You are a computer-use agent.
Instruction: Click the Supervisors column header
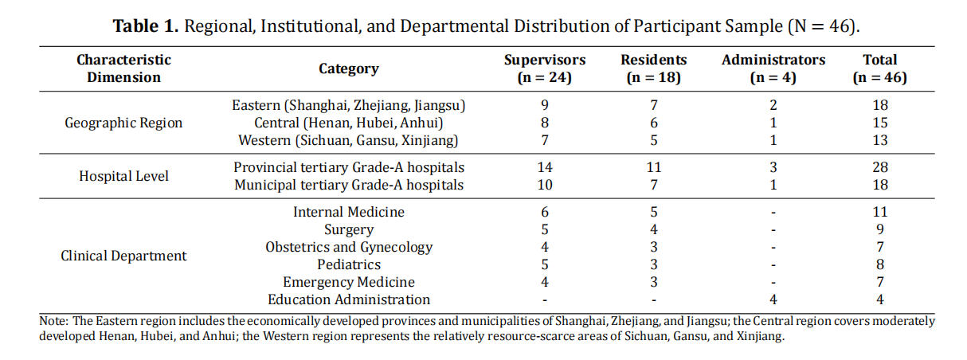(x=544, y=68)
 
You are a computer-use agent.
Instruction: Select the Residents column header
(x=654, y=68)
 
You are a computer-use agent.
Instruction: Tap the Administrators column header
(x=773, y=68)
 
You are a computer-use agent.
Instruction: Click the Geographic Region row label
(x=123, y=123)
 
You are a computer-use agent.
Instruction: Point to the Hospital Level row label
(x=123, y=176)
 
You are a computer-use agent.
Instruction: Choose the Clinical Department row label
(x=123, y=256)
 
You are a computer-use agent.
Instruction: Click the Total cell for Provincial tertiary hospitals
(x=880, y=167)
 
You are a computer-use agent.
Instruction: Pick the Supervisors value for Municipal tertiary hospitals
(x=544, y=185)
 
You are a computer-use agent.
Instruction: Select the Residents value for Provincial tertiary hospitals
(x=654, y=167)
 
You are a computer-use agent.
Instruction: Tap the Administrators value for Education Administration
(x=773, y=299)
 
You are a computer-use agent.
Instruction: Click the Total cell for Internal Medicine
(x=880, y=212)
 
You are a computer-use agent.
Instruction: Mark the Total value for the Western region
(x=880, y=140)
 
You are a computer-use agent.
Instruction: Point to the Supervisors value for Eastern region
(x=544, y=105)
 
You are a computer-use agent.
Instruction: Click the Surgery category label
(x=349, y=229)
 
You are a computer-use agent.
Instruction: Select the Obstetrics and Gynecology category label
(x=349, y=248)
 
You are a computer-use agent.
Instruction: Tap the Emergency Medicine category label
(x=349, y=282)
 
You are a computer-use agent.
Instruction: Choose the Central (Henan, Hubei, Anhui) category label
(x=349, y=123)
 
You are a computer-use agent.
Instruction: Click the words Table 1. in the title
(x=146, y=26)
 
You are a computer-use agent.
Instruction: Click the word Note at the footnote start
(x=53, y=321)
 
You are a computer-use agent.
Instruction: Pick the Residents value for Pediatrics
(x=654, y=264)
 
